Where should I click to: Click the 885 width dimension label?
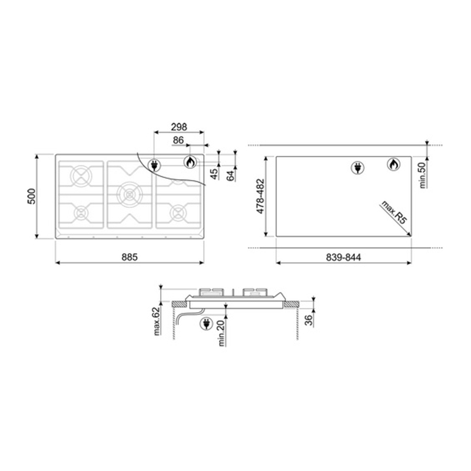point(130,257)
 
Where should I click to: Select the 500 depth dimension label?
point(32,197)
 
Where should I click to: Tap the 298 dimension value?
point(179,127)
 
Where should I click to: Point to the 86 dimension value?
point(178,140)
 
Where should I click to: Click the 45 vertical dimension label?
point(214,174)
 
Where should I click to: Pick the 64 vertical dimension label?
point(230,175)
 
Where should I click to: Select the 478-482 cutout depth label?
point(260,197)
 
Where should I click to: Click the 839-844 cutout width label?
point(343,257)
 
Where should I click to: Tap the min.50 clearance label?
point(423,175)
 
